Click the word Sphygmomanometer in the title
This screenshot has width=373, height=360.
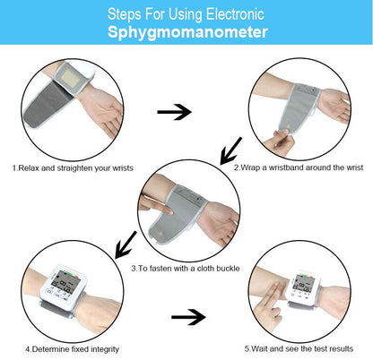pyautogui.click(x=186, y=33)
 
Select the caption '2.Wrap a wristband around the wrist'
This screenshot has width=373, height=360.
pyautogui.click(x=299, y=167)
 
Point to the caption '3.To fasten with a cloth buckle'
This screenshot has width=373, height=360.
pyautogui.click(x=186, y=267)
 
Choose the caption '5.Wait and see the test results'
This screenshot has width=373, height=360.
pyautogui.click(x=299, y=348)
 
